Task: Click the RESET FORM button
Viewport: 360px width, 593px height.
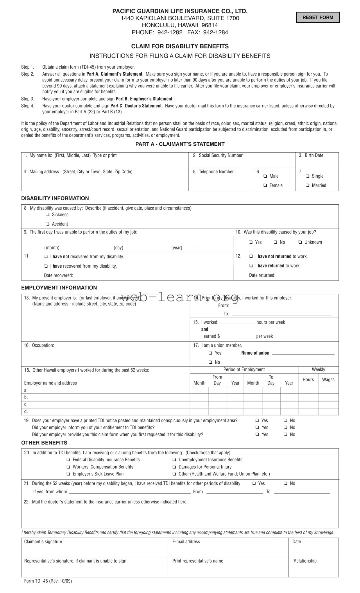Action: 318,17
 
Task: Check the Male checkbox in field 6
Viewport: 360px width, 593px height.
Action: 265,176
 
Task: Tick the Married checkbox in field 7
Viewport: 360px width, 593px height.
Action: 307,185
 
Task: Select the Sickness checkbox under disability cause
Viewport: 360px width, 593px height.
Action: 47,215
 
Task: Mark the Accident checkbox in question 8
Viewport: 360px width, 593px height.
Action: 47,224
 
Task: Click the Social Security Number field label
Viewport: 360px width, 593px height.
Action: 220,156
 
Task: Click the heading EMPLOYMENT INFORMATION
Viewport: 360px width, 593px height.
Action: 59,288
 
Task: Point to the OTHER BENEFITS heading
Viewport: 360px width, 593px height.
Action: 44,443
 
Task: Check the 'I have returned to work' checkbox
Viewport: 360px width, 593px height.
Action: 251,266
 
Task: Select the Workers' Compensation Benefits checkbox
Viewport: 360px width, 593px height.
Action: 68,467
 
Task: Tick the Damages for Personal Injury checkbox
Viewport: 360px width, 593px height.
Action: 174,467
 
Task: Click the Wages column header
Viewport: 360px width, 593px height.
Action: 328,380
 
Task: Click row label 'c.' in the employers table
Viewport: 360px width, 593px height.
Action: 26,404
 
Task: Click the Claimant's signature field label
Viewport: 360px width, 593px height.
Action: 43,542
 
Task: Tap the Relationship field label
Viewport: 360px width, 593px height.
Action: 305,561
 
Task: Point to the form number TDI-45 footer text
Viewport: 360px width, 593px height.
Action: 48,581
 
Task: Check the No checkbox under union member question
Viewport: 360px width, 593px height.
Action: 210,362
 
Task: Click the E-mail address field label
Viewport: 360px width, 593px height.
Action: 186,542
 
